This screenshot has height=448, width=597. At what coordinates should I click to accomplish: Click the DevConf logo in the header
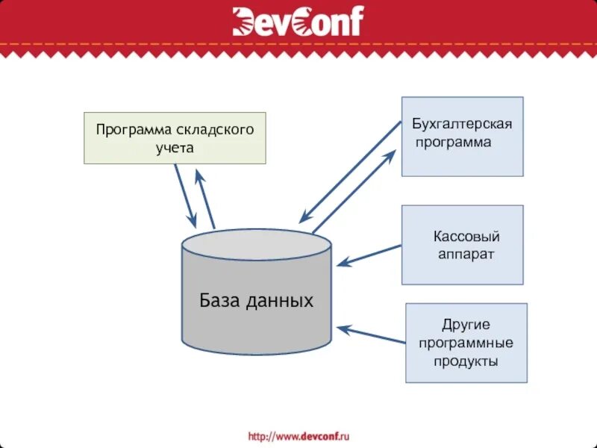coord(298,22)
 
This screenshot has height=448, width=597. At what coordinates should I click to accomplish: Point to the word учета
coord(174,147)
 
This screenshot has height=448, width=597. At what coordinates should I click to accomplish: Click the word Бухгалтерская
coord(462,123)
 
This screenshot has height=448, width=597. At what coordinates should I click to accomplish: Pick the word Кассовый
coord(466,237)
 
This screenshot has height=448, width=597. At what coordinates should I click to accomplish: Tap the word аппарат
coord(466,254)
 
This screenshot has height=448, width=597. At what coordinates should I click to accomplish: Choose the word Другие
coord(466,325)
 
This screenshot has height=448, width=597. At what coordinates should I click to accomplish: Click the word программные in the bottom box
coord(466,343)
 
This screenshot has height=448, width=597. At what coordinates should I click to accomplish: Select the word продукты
coord(466,361)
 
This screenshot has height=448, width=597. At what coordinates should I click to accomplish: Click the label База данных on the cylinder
coord(256,301)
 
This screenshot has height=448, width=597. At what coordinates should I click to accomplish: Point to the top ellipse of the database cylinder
coord(256,243)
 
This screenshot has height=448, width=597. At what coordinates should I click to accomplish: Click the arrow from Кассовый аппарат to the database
coord(369,255)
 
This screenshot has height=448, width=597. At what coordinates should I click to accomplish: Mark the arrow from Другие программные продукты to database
coord(370,335)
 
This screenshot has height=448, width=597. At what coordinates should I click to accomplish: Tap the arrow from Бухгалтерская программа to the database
coord(349,172)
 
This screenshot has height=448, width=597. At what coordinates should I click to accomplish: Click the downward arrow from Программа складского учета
coord(185,195)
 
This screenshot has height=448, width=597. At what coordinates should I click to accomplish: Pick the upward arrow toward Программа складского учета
coord(205,199)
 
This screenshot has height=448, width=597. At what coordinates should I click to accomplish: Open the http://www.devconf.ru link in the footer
coord(298,435)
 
